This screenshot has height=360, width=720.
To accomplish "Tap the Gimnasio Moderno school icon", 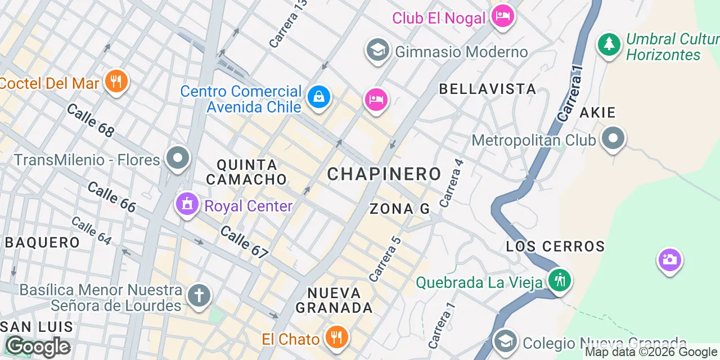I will pos(378,51).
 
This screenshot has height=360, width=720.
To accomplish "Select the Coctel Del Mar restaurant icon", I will pos(116,82).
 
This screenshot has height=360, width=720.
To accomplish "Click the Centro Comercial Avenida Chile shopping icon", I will pos(319,98).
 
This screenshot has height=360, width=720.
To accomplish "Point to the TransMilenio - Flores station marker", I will pos(178,158).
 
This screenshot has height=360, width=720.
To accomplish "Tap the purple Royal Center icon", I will pos(187,204).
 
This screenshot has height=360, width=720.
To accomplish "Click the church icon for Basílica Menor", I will pos(199,295).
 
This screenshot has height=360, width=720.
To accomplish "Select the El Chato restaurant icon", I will pos(336,337).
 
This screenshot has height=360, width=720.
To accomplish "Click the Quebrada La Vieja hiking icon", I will pos(559,280).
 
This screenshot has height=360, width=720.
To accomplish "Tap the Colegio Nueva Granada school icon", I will pos(505,341).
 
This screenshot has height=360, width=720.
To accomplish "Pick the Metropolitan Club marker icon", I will pos(613,138).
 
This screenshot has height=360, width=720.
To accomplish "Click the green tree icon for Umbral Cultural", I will pos(609,44).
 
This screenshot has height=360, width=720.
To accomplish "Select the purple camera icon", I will pos(669,260).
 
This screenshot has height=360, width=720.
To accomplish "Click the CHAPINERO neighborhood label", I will pos(384,174).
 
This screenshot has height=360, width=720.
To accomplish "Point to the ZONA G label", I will pos(399,209).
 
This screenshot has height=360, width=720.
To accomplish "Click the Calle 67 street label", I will pos(244,242).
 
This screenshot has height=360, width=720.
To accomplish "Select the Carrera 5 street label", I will pos(385,259).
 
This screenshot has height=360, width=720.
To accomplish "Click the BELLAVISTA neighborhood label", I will pos(487,89).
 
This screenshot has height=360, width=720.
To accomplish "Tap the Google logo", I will pos(38,346).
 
